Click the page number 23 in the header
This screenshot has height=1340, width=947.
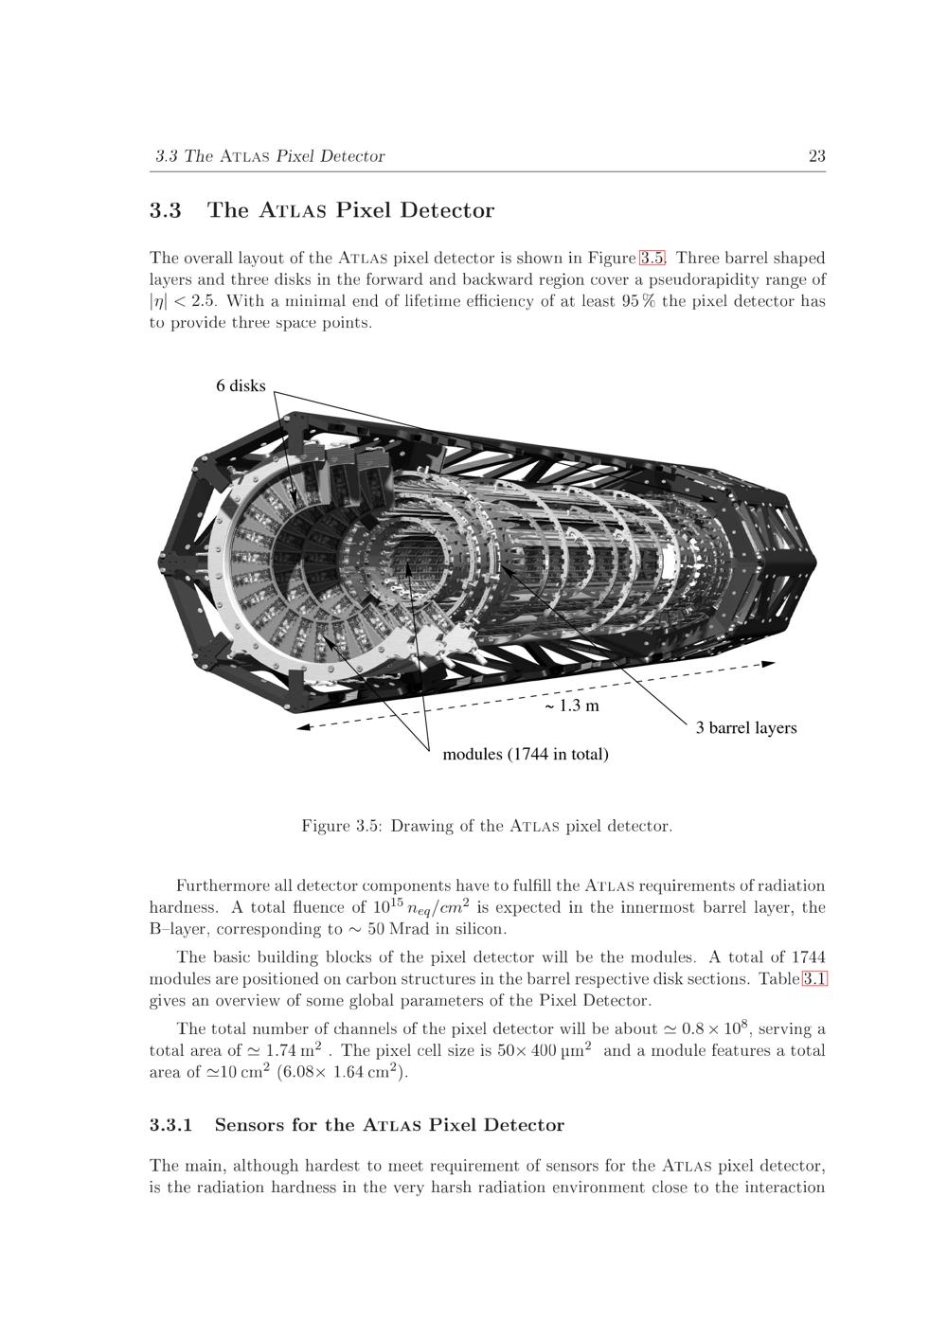(x=816, y=156)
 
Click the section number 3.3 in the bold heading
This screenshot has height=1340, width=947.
(x=165, y=210)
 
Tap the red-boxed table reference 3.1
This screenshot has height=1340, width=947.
(x=814, y=979)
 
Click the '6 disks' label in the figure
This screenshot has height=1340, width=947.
(x=241, y=385)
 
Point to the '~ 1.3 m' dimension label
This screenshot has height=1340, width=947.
(x=571, y=706)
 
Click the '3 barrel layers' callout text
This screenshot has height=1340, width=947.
(x=746, y=728)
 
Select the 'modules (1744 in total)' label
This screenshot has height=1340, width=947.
(x=526, y=755)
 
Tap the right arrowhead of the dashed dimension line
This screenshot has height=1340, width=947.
(x=770, y=664)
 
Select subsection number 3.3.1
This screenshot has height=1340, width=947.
(x=170, y=1125)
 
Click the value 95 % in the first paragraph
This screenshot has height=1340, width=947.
(x=637, y=301)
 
